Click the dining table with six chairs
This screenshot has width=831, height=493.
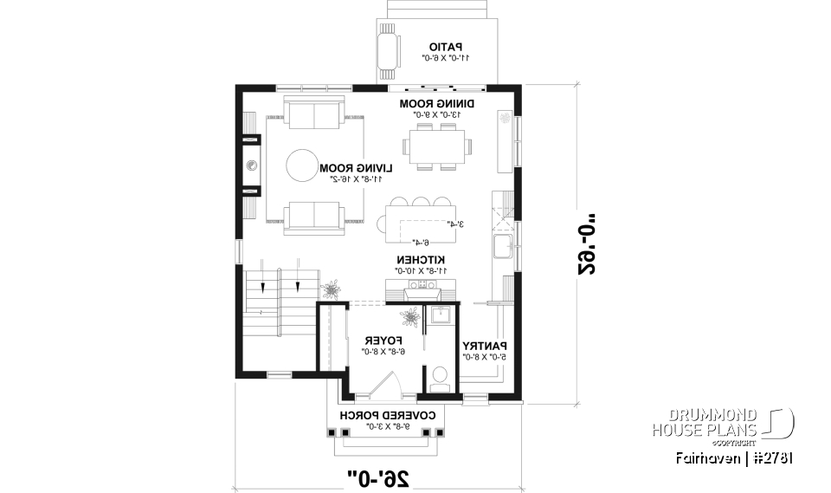click(x=436, y=145)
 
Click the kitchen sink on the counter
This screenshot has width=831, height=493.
click(x=502, y=247)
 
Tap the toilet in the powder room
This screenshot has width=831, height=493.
click(x=440, y=375)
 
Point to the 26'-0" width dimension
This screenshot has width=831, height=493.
click(x=377, y=476)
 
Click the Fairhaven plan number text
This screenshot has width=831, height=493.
click(x=736, y=457)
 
